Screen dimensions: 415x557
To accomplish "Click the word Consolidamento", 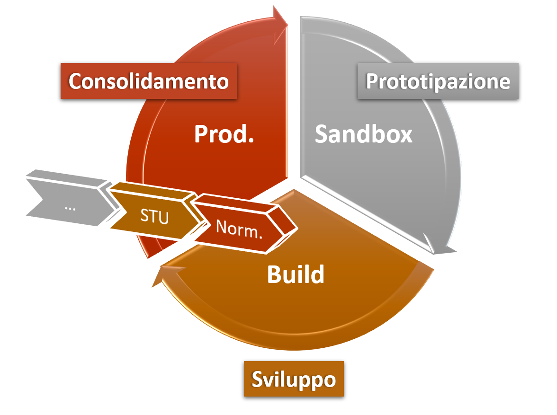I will [x=149, y=81].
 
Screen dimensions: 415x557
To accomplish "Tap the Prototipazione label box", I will [x=438, y=81].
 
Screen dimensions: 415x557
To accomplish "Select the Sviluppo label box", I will [x=294, y=379].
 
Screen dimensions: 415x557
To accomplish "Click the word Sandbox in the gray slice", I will [x=364, y=134].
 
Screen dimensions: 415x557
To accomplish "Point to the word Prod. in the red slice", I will [x=224, y=134].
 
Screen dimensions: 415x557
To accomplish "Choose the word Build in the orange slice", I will [x=296, y=274].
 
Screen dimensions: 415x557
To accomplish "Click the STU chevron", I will [x=154, y=217].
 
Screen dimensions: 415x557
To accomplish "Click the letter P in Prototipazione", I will [x=373, y=82].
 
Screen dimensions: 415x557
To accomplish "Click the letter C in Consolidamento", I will [x=75, y=81].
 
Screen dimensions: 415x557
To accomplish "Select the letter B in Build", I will [x=274, y=274].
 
